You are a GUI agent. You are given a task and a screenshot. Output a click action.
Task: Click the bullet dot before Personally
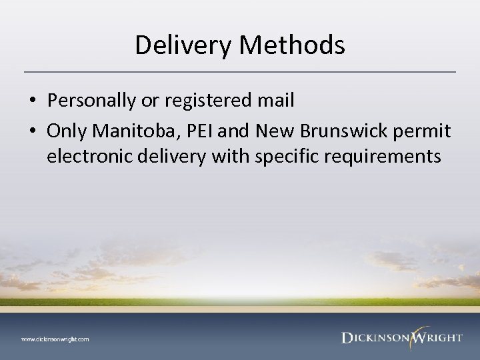pyautogui.click(x=32, y=101)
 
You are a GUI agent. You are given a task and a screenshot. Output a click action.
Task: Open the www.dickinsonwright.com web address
pyautogui.click(x=55, y=339)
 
